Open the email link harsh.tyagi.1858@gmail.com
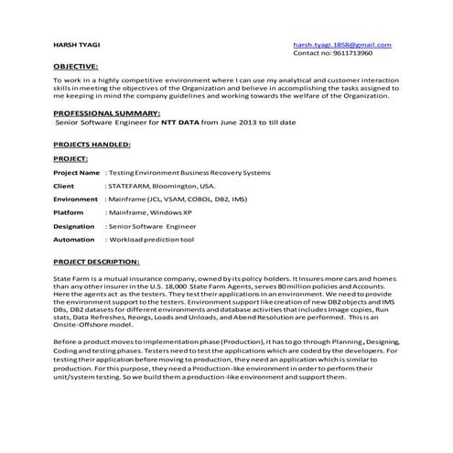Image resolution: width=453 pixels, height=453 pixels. (x=341, y=45)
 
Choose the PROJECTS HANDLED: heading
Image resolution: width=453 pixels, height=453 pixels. (x=92, y=145)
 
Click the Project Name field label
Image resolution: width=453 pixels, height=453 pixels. (x=76, y=172)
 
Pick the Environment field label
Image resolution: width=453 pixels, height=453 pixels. (x=75, y=199)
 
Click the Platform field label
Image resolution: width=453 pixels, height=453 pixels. (x=69, y=211)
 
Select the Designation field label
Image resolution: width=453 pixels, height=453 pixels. (x=74, y=225)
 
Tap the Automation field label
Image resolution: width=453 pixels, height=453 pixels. (x=74, y=239)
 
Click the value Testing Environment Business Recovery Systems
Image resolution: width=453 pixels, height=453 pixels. (x=189, y=172)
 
